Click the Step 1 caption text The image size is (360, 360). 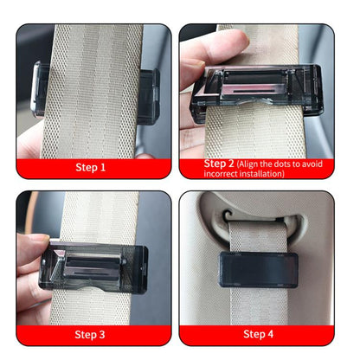click(91, 167)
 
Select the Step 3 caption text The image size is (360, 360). click(91, 333)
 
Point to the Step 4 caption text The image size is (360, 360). click(259, 333)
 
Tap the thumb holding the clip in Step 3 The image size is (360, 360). click(35, 251)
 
